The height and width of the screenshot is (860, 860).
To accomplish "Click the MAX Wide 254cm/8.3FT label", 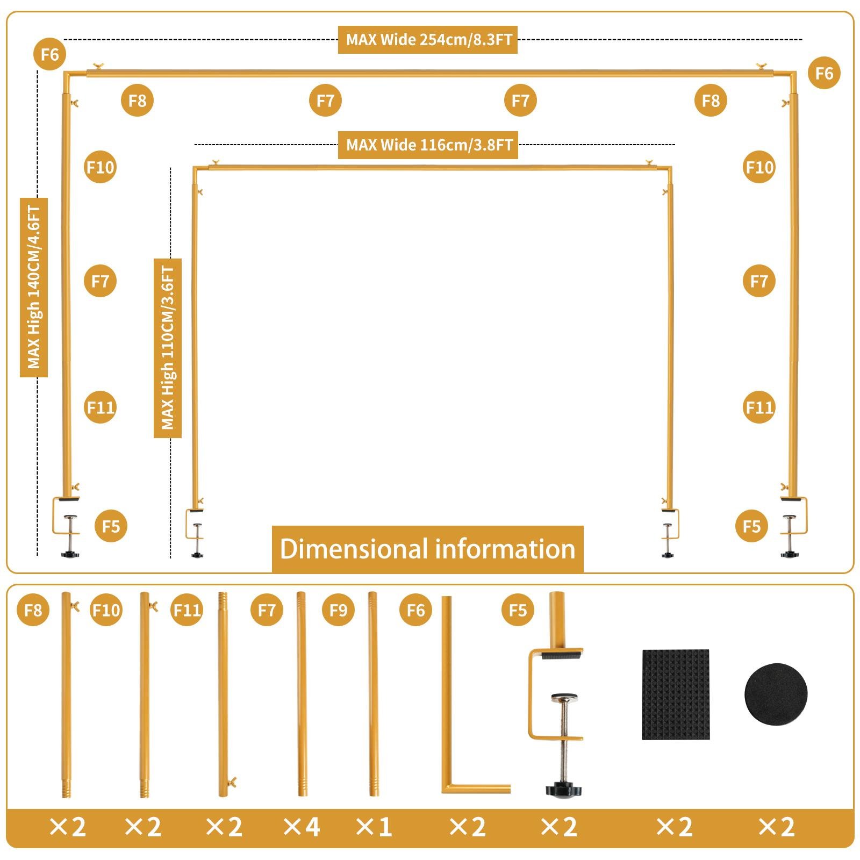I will tap(428, 39).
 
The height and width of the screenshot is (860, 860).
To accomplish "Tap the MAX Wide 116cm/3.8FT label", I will tap(428, 145).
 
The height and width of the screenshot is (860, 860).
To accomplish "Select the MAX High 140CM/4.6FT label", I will tap(34, 287).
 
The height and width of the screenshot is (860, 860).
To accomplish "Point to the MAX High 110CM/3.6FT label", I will tap(167, 348).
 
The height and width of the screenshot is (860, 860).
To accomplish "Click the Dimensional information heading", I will tap(427, 549).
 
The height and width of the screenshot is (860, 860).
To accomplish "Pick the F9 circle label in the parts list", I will tap(338, 610).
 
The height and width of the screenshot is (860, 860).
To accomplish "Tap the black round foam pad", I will tap(776, 694).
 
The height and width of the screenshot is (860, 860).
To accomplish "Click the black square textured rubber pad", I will tap(676, 694).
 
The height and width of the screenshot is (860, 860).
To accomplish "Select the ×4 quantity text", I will tap(301, 827).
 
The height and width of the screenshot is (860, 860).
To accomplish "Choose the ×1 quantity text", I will tap(374, 827).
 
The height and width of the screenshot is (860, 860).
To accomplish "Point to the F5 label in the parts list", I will tap(518, 610).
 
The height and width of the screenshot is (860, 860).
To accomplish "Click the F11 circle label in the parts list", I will tap(187, 610).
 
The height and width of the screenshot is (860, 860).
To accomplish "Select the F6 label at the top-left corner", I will tap(49, 54).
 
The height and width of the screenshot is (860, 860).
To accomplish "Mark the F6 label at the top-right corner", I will tap(823, 73).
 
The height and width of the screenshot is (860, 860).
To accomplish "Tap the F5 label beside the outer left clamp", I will tap(111, 526).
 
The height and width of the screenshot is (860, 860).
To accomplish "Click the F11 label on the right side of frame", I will tap(759, 407).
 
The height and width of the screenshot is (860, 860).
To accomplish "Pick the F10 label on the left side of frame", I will tap(101, 167).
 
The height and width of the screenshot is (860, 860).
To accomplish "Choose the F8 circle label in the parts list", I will tap(33, 610).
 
